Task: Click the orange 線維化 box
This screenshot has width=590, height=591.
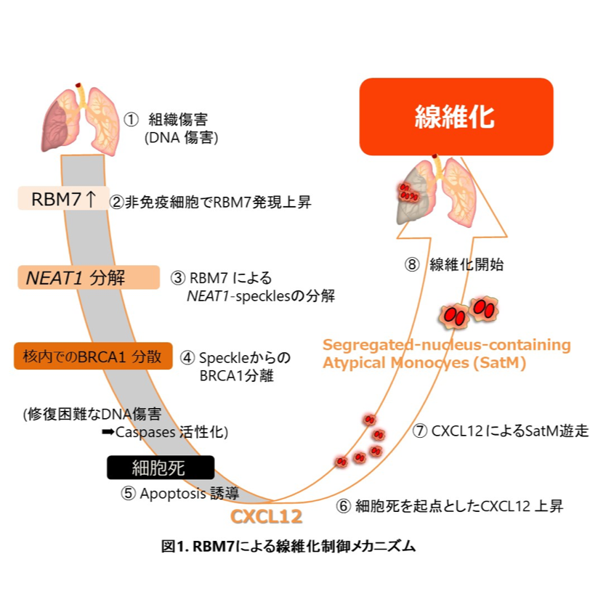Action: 456,116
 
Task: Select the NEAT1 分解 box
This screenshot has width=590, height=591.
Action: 87,277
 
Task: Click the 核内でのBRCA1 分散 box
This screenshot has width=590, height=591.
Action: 93,356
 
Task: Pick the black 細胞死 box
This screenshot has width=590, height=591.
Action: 160,468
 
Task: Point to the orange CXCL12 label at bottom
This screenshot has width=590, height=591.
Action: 266,516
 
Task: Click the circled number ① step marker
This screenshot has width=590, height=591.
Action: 131,119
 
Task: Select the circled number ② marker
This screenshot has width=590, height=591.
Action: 116,202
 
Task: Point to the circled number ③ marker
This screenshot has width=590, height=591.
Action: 178,277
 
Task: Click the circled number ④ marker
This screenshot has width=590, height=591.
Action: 187,357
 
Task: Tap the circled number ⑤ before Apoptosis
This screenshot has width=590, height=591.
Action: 128,494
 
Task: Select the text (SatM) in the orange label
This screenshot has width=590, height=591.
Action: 501,363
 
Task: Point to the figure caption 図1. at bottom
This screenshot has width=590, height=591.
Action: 174,547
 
